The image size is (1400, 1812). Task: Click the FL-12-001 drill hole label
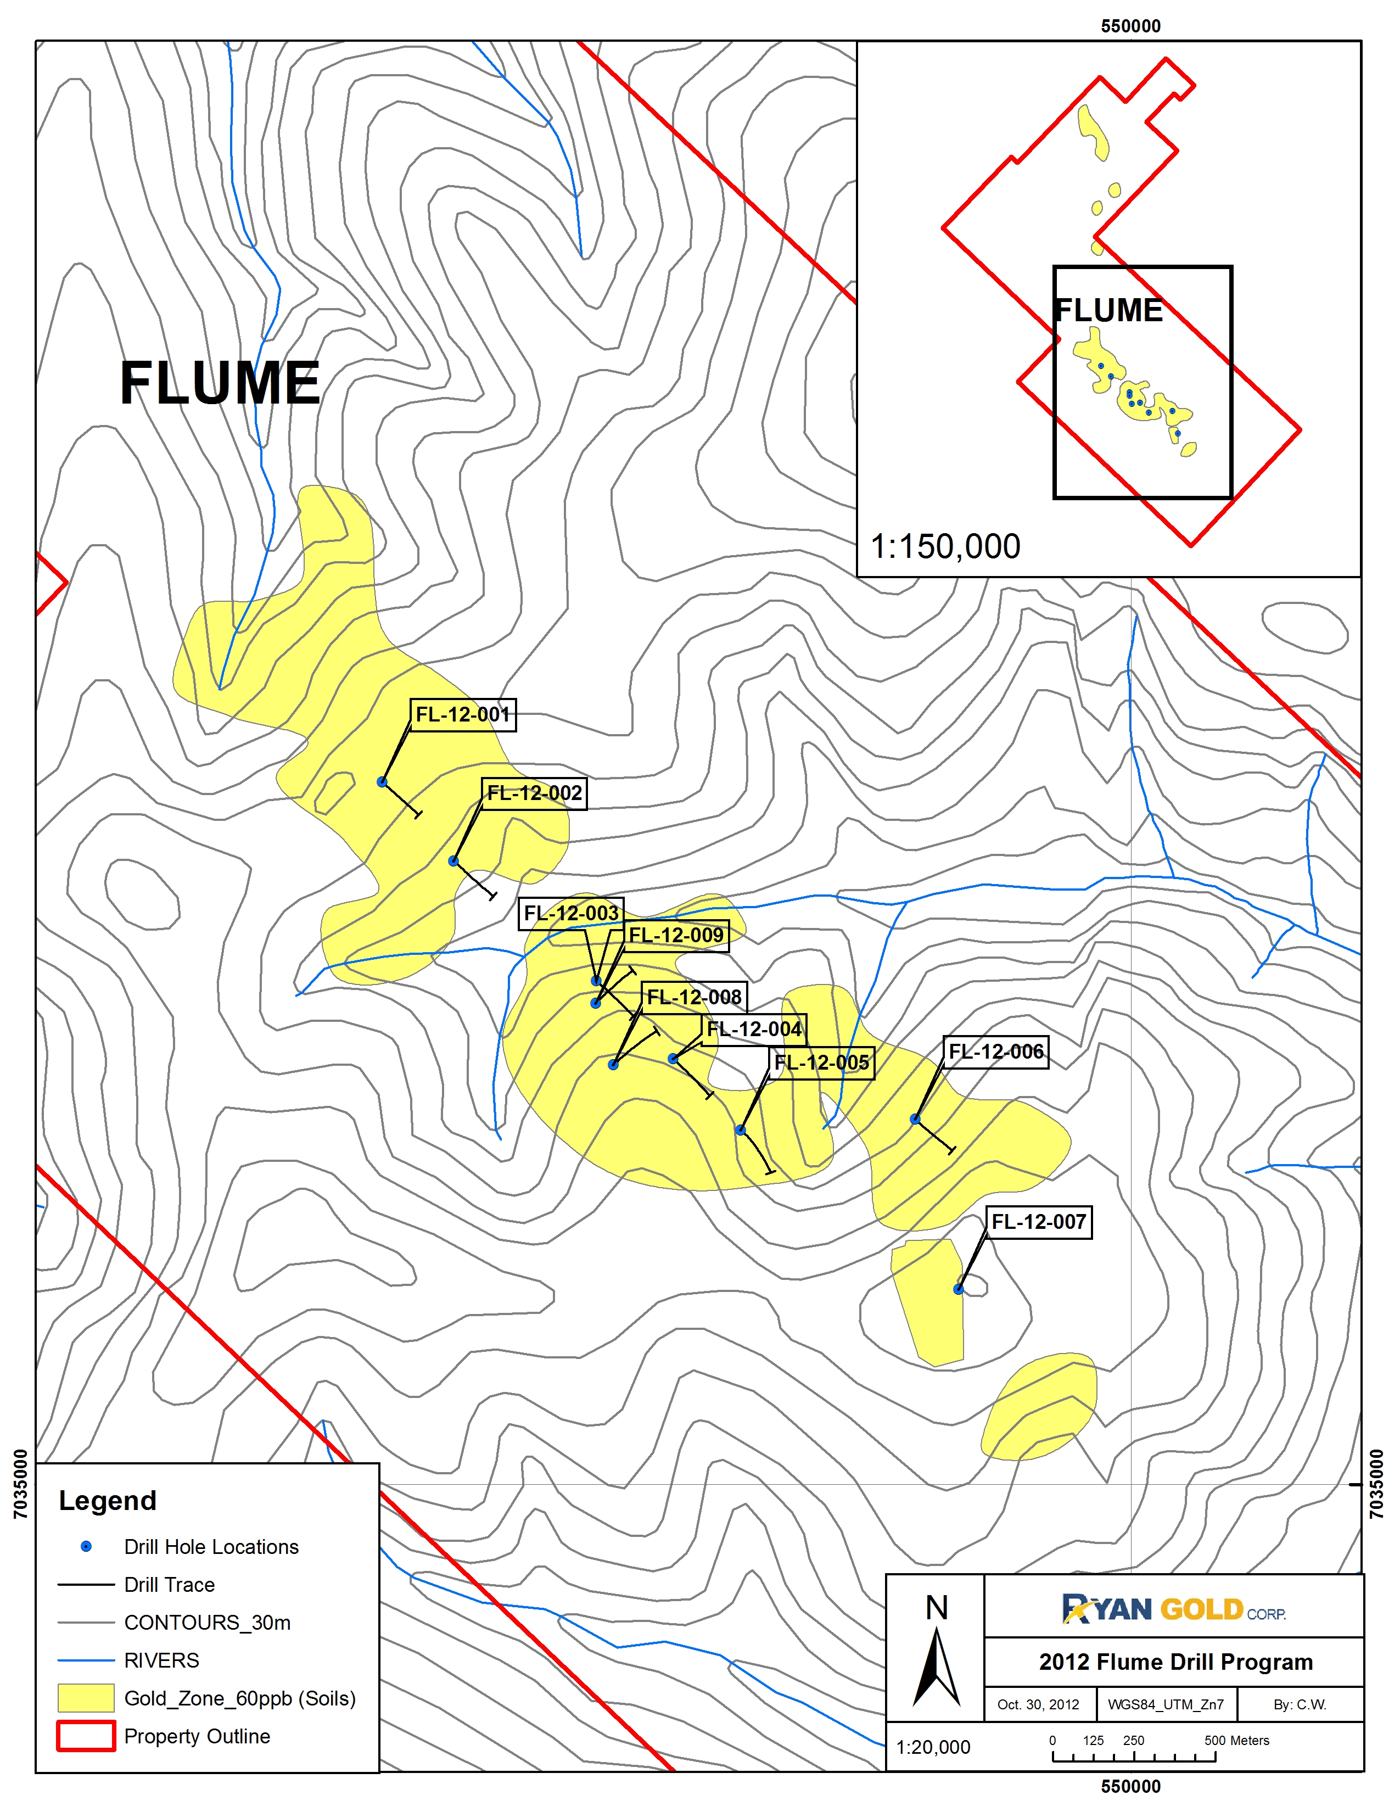[463, 714]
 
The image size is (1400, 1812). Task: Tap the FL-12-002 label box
[534, 793]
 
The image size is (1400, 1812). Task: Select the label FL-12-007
[1039, 1222]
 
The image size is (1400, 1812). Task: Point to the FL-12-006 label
[996, 1052]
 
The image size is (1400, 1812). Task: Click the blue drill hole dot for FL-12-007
[958, 1289]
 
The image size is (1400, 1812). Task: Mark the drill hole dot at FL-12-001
[382, 781]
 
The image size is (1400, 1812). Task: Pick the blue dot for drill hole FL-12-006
[915, 1119]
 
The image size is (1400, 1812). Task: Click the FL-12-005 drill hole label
[821, 1063]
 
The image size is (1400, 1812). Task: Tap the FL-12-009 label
[676, 936]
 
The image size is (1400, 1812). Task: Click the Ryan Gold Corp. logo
[1174, 1609]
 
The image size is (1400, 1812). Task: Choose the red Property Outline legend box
[86, 1736]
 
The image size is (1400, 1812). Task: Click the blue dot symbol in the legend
[86, 1546]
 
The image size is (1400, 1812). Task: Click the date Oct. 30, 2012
[1038, 1705]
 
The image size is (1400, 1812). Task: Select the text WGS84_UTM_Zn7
[1165, 1705]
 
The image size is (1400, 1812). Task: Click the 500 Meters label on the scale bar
[1236, 1741]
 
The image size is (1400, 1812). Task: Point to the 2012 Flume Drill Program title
[1175, 1662]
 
